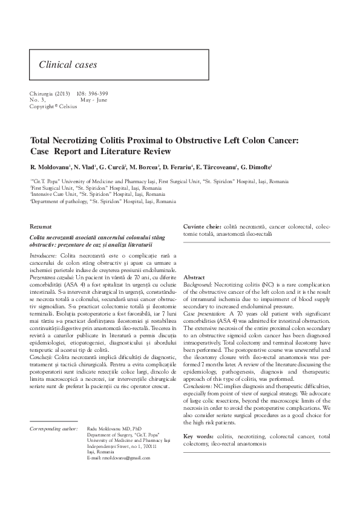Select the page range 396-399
point(96,94)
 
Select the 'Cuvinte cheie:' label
point(203,225)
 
